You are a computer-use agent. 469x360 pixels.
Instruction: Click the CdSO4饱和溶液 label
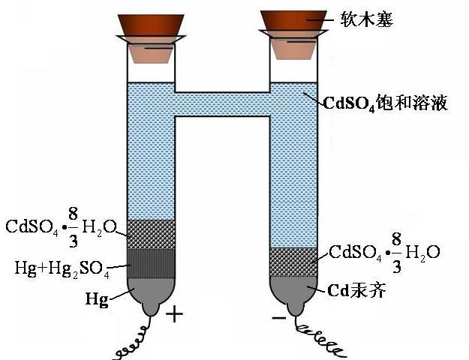[x=386, y=103]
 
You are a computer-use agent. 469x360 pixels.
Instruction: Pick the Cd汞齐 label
[x=356, y=290]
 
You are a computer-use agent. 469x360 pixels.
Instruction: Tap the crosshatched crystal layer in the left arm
[x=151, y=233]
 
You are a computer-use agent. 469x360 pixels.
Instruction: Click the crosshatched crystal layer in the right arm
[x=293, y=261]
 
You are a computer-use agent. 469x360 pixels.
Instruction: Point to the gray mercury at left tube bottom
[x=151, y=296]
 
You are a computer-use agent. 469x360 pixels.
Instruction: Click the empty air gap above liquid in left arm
[x=151, y=72]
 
